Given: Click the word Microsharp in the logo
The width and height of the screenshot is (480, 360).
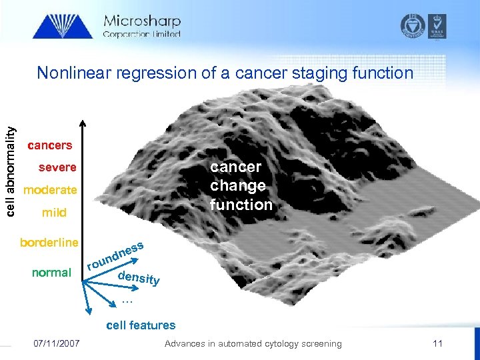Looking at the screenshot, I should point(141,21).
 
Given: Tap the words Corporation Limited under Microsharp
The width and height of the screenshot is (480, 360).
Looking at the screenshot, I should point(141,35).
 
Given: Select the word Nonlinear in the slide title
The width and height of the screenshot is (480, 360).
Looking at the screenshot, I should point(74,73).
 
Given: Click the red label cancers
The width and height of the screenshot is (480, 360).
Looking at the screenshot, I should point(50,145).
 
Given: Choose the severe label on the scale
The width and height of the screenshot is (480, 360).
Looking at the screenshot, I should point(57,167).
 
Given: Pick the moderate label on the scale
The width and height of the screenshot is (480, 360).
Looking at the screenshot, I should point(50,190).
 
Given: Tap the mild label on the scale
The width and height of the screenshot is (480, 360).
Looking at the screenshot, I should point(54,213).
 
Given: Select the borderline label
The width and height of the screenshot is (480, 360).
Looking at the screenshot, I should point(49,242).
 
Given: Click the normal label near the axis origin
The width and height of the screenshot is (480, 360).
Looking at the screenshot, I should point(51,272).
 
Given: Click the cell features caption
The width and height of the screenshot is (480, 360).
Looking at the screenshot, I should point(141,325).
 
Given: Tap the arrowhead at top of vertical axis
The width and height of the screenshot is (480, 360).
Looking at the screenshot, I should point(83,124).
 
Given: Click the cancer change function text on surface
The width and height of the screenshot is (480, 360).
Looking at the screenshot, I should point(241,185).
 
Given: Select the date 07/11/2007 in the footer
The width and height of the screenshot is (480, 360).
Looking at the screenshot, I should point(57,343).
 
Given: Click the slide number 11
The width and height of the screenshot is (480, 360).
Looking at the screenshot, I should point(437,343).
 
